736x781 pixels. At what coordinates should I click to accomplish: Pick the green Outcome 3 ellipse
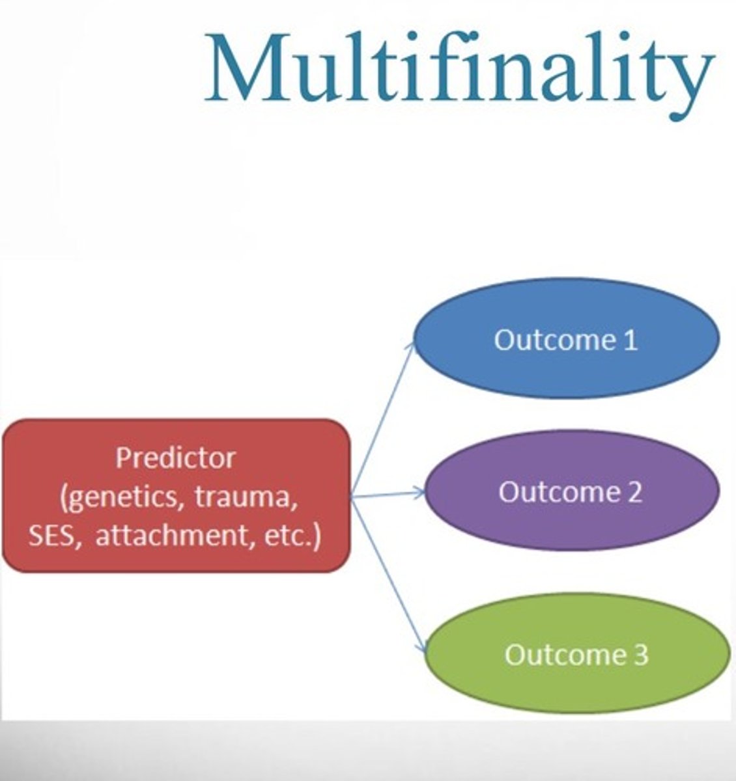click(576, 654)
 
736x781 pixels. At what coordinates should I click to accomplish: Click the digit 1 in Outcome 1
click(630, 340)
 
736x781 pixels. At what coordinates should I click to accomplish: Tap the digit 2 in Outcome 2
click(634, 491)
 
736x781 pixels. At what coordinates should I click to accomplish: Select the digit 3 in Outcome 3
click(640, 655)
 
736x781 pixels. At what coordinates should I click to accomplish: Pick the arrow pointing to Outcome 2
click(388, 495)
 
